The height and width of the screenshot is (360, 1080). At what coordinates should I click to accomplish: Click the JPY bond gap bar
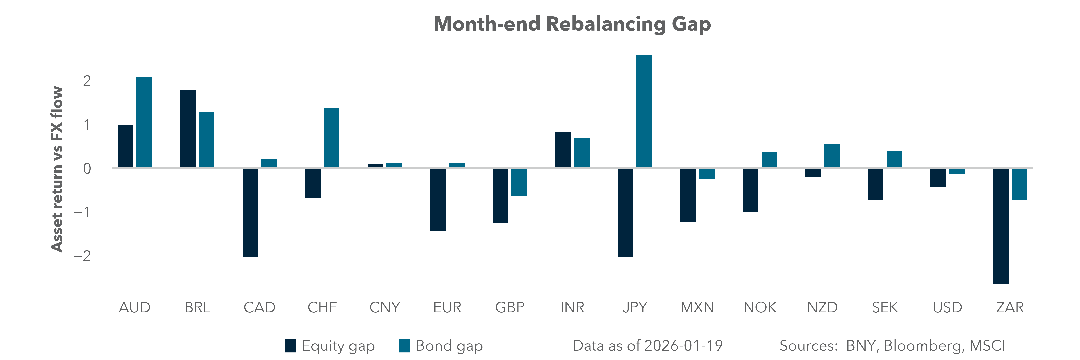point(644,111)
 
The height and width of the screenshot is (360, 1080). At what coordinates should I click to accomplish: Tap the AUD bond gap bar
point(144,122)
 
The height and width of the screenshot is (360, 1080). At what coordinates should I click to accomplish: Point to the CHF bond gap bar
point(331,137)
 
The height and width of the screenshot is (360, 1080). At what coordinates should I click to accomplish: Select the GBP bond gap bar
point(519,182)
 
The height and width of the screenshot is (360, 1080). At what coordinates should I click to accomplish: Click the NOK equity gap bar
point(750,190)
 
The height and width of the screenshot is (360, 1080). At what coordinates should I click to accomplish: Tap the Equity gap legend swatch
point(290,346)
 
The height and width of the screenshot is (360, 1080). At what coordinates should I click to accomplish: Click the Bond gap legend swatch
point(404,346)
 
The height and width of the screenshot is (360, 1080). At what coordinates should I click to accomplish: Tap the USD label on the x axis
point(947,308)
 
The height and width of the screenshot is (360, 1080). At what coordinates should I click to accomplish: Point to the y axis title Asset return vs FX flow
point(57,169)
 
